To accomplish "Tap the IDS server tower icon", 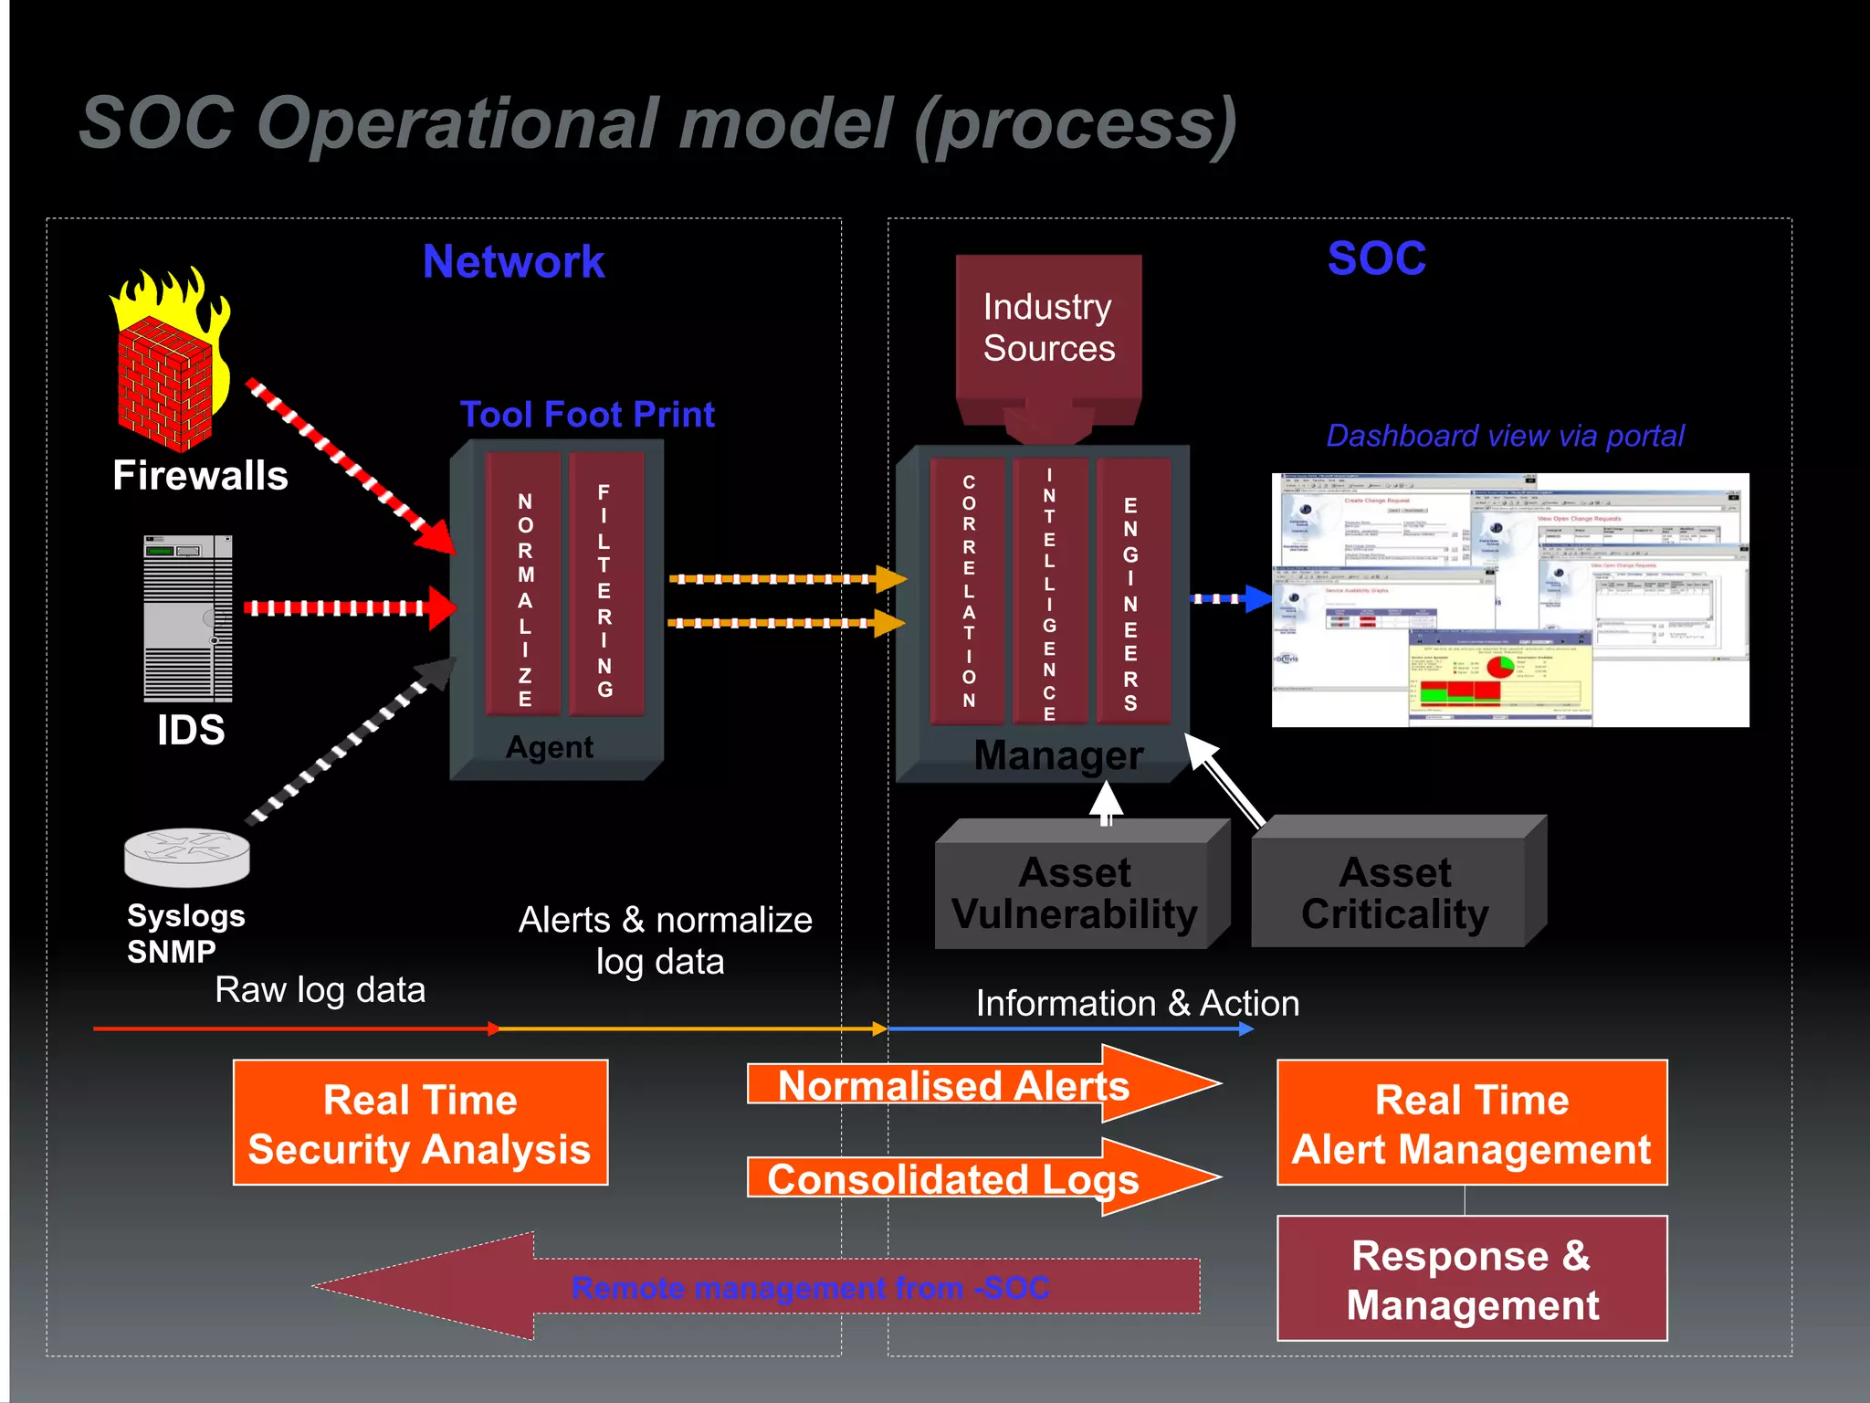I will [188, 618].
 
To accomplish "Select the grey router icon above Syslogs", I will [187, 857].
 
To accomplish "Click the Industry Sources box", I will [1048, 329].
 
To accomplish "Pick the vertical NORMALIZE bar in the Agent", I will [524, 585].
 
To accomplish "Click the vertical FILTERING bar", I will [604, 585].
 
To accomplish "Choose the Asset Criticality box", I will [1394, 893].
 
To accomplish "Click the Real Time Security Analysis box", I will [420, 1123].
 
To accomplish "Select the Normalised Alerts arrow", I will [954, 1086].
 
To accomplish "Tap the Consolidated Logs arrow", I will [954, 1178].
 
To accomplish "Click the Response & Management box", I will [1472, 1279].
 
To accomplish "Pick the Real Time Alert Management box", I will [1472, 1123].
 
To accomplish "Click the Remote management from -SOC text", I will [810, 1288].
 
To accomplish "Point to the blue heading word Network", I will [513, 262].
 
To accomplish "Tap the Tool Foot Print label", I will [587, 415].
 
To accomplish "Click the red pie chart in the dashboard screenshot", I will [1500, 666].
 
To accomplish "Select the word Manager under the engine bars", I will [1058, 755].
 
